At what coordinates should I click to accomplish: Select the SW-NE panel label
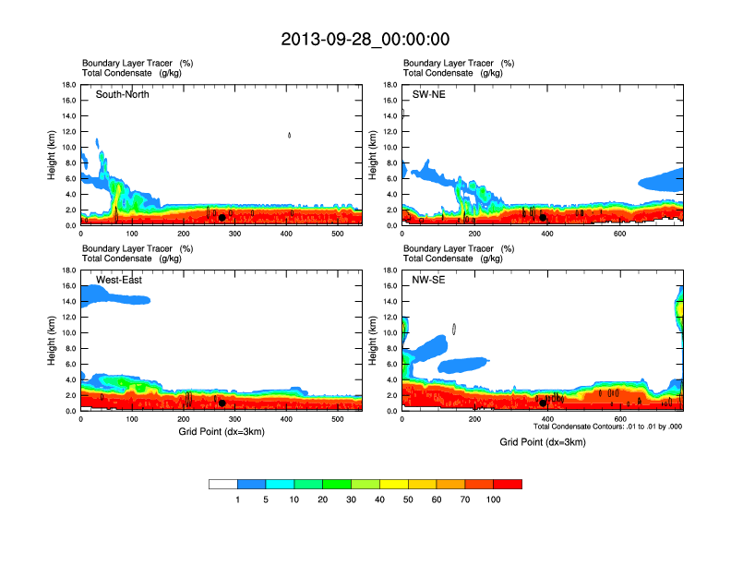coord(428,94)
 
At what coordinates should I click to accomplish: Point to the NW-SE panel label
coord(428,279)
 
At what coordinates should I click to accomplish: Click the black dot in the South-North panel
coord(222,218)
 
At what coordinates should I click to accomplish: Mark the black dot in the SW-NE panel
coord(543,218)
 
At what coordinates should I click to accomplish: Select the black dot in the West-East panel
coord(222,403)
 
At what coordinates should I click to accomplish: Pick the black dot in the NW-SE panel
coord(543,403)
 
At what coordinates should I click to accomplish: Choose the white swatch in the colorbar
coord(223,484)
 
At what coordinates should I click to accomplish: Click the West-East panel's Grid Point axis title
coord(222,432)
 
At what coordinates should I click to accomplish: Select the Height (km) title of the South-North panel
coord(54,155)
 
